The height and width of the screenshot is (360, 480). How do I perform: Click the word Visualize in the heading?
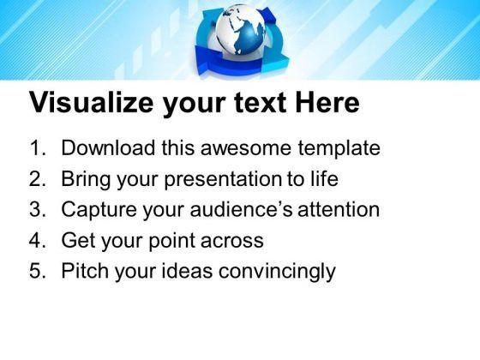point(91,102)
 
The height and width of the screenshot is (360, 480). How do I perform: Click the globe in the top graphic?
point(240,30)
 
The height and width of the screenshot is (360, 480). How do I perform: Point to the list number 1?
point(37,147)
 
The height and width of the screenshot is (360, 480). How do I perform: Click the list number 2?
point(38,179)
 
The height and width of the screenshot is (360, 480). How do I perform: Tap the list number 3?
point(38,209)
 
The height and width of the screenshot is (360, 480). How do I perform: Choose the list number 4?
point(38,240)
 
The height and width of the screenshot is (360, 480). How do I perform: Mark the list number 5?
point(38,271)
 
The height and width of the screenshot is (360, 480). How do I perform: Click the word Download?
point(108,147)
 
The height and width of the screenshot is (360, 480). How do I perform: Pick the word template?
point(339,149)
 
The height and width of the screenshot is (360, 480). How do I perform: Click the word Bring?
point(86,180)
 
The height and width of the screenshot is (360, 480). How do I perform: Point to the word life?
point(325,178)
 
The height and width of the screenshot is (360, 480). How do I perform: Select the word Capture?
point(99,211)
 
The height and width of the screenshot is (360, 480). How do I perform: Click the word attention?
point(339,210)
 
